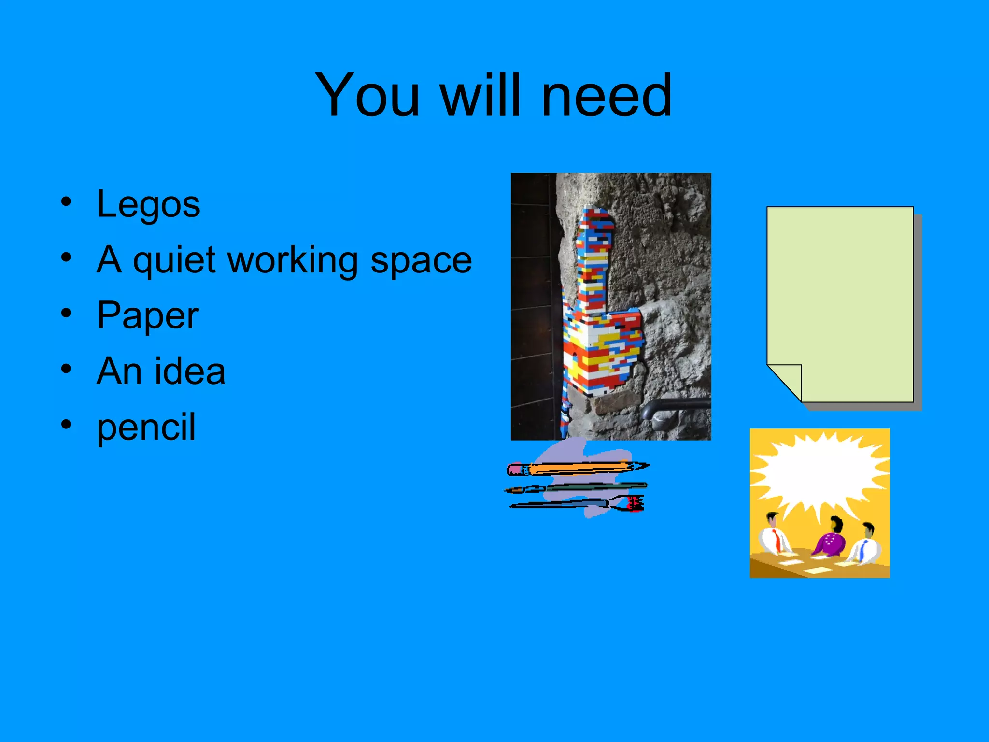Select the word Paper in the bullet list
[x=148, y=316]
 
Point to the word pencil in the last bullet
[x=146, y=427]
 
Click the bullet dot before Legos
[x=66, y=201]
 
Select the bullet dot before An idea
[x=66, y=369]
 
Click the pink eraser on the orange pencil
[x=516, y=470]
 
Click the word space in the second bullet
[x=421, y=261]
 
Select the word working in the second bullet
[x=293, y=261]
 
